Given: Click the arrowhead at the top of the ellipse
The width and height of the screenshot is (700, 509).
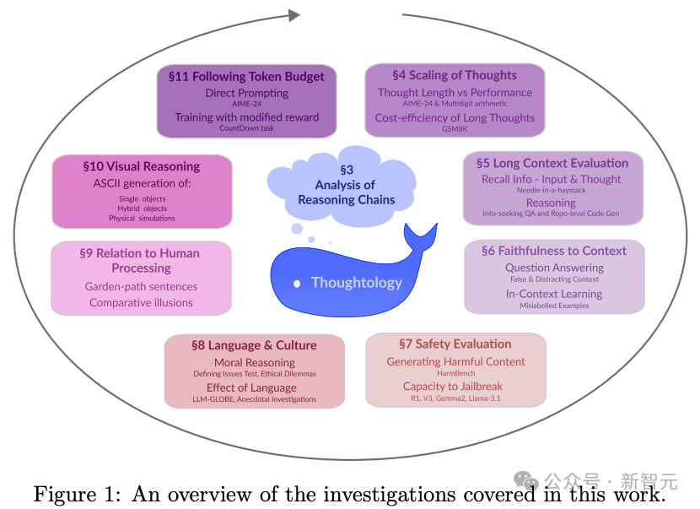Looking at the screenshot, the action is point(294,16).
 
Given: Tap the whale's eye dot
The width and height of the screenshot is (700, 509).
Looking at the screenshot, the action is point(297,284).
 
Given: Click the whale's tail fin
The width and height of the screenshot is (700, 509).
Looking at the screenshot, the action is point(420,236).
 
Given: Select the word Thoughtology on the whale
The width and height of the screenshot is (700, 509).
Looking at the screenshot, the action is point(357,283).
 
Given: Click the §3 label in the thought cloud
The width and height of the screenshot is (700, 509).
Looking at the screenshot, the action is point(347,170).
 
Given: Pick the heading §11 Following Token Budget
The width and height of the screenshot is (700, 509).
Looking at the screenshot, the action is point(246,77).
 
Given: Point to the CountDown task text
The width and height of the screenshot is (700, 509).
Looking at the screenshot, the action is point(246,128).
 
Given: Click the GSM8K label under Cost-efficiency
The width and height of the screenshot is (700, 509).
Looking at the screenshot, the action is point(455,128).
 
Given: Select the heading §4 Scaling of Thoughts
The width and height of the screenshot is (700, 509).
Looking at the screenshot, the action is point(455,75).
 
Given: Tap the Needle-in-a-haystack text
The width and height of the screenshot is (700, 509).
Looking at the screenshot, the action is point(552,190).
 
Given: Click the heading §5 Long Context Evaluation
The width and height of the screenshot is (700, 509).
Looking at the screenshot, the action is point(552,163).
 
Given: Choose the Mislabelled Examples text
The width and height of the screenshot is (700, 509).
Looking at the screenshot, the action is point(554,306).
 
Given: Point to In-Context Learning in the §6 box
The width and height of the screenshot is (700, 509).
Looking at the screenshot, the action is point(553,294).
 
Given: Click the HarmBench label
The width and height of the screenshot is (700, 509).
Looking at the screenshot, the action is point(455,373).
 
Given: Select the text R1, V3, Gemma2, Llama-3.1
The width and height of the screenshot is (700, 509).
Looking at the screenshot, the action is point(455,398).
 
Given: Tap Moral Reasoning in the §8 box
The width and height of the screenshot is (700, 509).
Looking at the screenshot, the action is point(255,362).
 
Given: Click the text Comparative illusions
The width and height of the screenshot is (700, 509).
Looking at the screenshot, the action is point(141,302).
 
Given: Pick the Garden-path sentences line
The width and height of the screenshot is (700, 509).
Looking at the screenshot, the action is point(141,286).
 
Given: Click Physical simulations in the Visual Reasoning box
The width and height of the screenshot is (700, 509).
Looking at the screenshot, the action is point(142,218).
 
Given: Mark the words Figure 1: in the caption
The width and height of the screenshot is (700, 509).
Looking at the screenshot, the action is point(77,495).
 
